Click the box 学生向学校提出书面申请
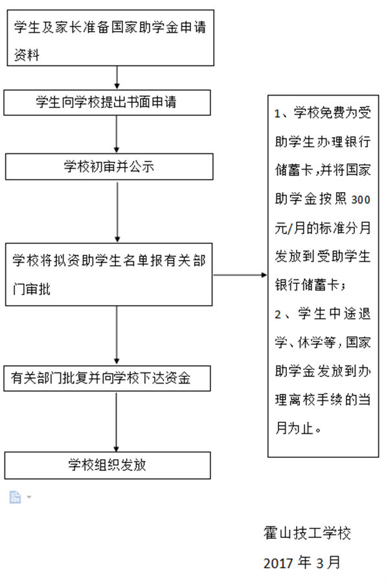[107, 102]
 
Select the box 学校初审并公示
[109, 167]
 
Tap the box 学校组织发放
[108, 465]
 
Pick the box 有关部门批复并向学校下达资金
[107, 378]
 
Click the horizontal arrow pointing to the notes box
[240, 275]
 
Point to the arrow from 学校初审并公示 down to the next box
[117, 211]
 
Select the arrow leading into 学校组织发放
[117, 422]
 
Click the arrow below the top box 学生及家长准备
[117, 78]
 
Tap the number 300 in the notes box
[361, 200]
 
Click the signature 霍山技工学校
[307, 533]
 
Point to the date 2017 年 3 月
[302, 563]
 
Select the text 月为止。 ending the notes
[298, 428]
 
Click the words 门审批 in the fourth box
[32, 289]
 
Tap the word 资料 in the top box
[27, 55]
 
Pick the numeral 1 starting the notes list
[277, 113]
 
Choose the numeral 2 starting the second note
[278, 315]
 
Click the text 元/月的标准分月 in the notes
[323, 228]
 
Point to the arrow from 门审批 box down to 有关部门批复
[117, 335]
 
